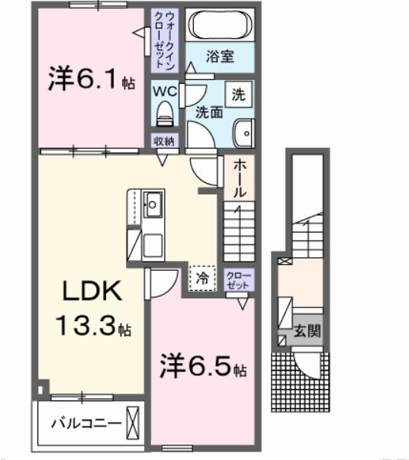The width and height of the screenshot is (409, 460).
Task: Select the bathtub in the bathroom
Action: point(221,25)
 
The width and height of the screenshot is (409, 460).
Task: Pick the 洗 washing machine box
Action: point(238,96)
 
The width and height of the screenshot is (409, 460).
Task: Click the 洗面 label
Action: point(208,111)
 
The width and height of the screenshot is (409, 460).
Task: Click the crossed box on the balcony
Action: point(134,420)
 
